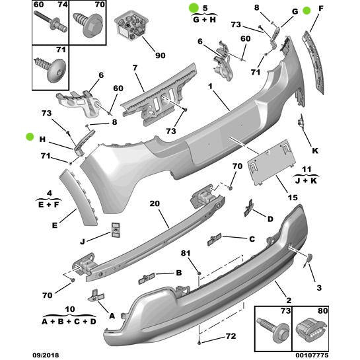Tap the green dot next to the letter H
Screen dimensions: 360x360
pyautogui.click(x=30, y=137)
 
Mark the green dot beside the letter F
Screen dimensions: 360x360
pyautogui.click(x=307, y=11)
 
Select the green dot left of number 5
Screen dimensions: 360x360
pyautogui.click(x=194, y=8)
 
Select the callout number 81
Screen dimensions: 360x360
pyautogui.click(x=186, y=254)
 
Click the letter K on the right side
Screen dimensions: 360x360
pyautogui.click(x=315, y=151)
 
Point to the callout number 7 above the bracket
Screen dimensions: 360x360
pyautogui.click(x=134, y=68)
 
